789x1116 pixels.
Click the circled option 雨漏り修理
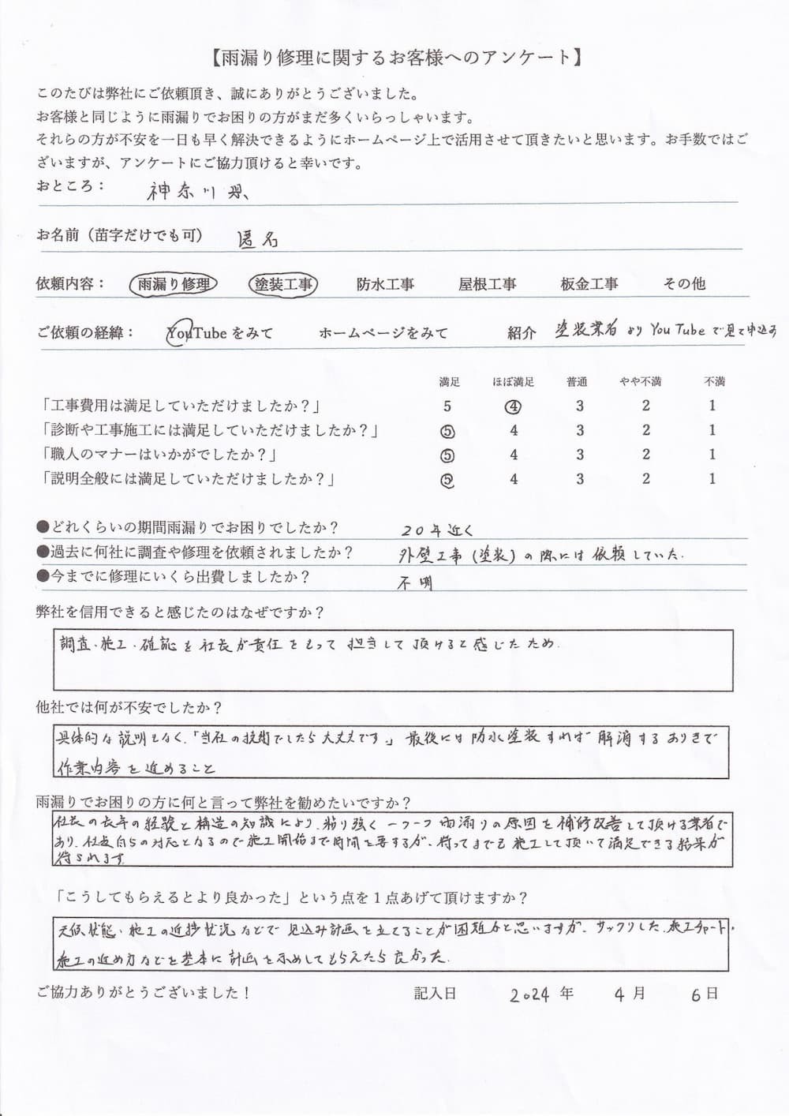173,284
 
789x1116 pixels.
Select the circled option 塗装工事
283,284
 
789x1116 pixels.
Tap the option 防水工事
385,284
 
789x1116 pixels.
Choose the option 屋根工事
487,284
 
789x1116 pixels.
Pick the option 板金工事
589,284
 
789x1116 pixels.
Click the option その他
684,284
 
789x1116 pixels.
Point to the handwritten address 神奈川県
197,191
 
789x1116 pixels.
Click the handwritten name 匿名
258,240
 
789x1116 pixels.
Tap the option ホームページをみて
383,333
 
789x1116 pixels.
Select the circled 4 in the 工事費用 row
514,407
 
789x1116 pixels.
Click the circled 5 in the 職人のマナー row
447,455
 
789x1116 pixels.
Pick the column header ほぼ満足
514,382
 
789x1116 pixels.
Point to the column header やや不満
640,382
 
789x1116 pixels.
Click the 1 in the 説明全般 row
712,479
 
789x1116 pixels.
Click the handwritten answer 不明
416,583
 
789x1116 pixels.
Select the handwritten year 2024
529,994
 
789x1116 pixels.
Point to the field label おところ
69,186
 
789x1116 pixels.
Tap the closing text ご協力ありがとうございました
143,993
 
